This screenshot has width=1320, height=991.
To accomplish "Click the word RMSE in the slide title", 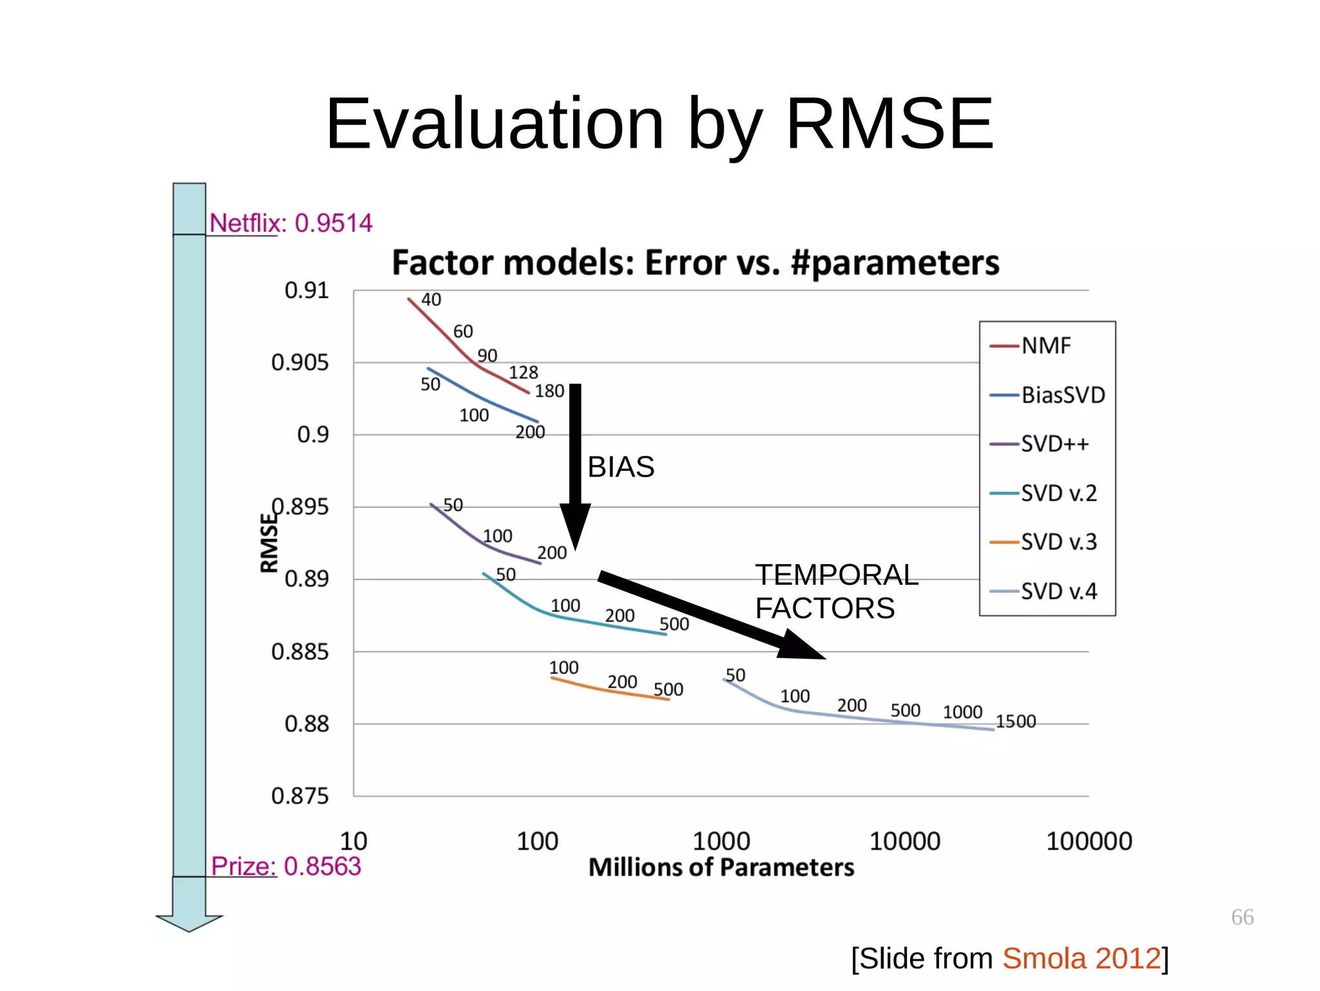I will (889, 124).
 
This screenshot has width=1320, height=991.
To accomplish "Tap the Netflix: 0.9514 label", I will (291, 223).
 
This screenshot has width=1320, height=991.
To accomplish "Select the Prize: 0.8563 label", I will (286, 866).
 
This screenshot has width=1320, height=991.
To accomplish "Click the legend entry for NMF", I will (1045, 346).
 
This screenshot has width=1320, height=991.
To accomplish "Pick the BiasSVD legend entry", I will (1062, 395).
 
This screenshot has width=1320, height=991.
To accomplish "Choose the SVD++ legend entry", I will (1054, 444).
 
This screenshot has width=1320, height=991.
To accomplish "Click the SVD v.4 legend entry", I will (1058, 591).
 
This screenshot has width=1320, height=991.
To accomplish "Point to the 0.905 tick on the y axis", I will (300, 362).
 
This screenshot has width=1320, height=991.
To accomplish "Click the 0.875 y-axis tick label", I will (300, 796).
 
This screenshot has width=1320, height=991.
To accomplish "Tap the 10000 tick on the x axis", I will (904, 841).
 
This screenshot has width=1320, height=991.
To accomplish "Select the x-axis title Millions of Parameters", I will (721, 867).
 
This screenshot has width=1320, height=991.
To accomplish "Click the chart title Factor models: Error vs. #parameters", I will (695, 262).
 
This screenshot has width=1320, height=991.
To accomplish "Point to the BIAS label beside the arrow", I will (621, 467).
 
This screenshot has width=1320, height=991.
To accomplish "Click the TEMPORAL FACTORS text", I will (836, 591).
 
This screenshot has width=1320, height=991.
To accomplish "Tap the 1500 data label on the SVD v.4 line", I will (1016, 721).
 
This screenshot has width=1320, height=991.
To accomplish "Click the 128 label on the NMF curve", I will (523, 373).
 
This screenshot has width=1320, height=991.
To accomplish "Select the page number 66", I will (1242, 917).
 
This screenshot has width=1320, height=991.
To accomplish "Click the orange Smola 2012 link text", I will (1081, 958).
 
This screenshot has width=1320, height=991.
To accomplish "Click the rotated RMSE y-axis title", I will (269, 543).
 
